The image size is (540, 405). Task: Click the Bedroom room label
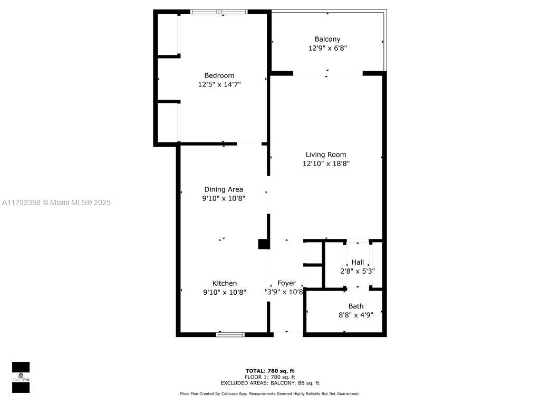point(219,75)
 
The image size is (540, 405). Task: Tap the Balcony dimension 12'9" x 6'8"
point(327,48)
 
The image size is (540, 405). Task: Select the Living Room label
point(326,155)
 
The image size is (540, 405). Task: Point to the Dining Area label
point(224,189)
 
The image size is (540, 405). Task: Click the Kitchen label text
point(225,283)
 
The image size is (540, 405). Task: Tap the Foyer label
point(286,283)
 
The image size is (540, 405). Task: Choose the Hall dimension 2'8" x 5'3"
point(358,271)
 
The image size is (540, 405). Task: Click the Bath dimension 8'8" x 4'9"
point(356,315)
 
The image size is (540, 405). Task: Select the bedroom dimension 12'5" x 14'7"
point(219,84)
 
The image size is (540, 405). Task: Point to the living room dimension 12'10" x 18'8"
point(326,163)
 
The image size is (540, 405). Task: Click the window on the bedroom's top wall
point(219,12)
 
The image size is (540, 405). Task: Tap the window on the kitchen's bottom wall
point(230,334)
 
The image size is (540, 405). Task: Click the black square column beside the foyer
point(264,244)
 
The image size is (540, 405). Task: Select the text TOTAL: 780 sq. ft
point(270,371)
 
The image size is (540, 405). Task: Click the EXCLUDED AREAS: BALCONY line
point(270,383)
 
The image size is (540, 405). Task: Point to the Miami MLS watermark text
point(56,202)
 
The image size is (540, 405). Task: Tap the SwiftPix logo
point(21,377)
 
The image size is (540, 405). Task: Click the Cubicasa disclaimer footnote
point(269,393)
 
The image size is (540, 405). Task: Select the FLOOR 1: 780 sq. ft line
point(270,377)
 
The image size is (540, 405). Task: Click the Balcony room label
point(327,39)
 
